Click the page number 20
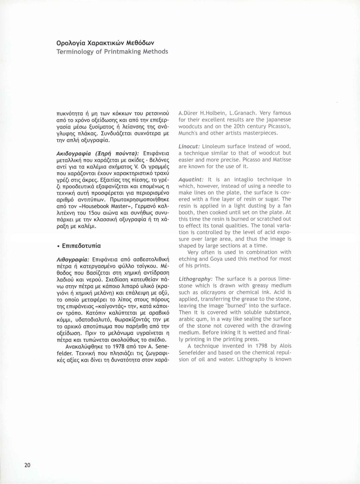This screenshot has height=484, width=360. coord(27,465)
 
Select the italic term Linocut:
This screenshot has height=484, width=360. coord(189,146)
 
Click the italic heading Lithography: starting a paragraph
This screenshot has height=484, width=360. coord(195,279)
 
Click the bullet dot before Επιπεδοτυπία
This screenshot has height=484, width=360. coord(58,246)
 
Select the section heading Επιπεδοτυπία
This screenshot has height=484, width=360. coord(81,246)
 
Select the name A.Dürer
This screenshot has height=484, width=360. coord(188,113)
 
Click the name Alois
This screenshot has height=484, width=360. coord(285,346)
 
